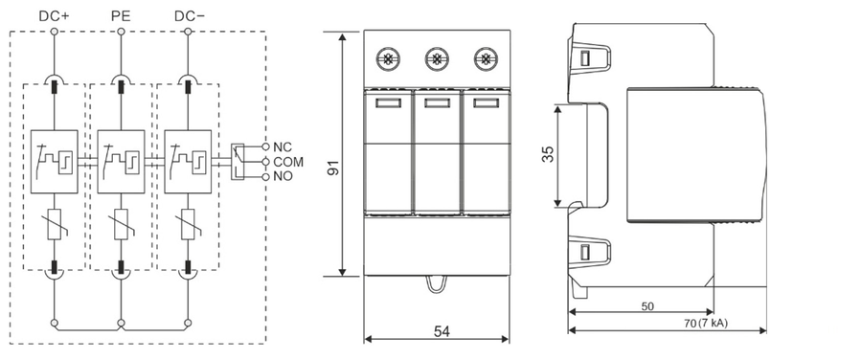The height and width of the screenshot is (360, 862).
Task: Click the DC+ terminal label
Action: (x=54, y=16)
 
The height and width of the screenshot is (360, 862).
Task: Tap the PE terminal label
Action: (x=121, y=16)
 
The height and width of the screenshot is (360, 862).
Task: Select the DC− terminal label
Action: (x=190, y=16)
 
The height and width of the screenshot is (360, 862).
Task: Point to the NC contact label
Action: (x=284, y=147)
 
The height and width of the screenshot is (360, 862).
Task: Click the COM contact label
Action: (x=288, y=162)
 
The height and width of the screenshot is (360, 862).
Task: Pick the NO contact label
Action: (x=284, y=176)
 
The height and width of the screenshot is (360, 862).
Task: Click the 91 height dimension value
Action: (x=333, y=168)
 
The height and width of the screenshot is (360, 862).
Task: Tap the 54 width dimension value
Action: (x=442, y=331)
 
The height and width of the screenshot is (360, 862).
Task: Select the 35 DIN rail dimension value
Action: (x=548, y=154)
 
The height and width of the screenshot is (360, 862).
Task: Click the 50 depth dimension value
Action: (x=647, y=306)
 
